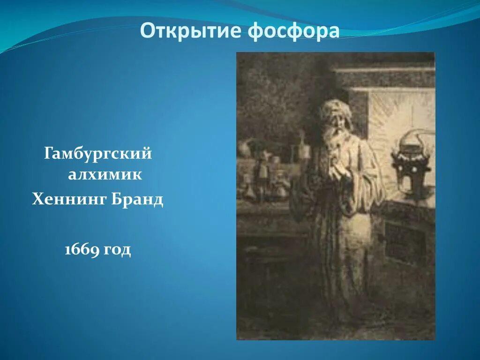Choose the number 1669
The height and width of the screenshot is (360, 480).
[82, 250]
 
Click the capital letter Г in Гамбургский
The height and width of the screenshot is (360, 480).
[49, 154]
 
